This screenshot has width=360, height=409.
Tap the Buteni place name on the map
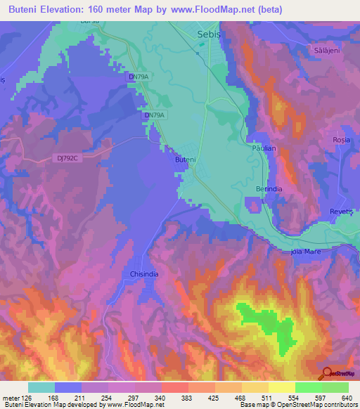[x=185, y=160]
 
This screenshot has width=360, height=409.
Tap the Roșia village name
[x=341, y=140]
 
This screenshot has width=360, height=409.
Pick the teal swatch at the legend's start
[x=41, y=387]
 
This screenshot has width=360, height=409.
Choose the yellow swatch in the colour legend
[x=281, y=387]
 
